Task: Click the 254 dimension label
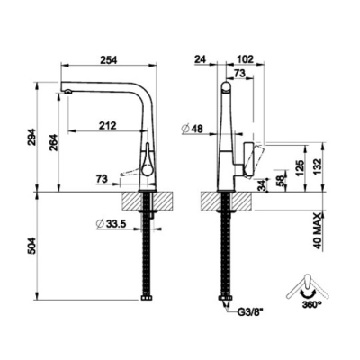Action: (x=108, y=59)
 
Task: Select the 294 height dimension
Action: (x=31, y=137)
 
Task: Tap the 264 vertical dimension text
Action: (x=53, y=142)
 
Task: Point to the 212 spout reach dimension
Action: (x=107, y=125)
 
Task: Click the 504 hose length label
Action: (x=31, y=246)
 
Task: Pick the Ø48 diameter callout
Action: (x=193, y=129)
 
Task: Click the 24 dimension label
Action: (x=201, y=59)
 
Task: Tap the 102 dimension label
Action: (x=245, y=59)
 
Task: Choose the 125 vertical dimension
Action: (x=301, y=168)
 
